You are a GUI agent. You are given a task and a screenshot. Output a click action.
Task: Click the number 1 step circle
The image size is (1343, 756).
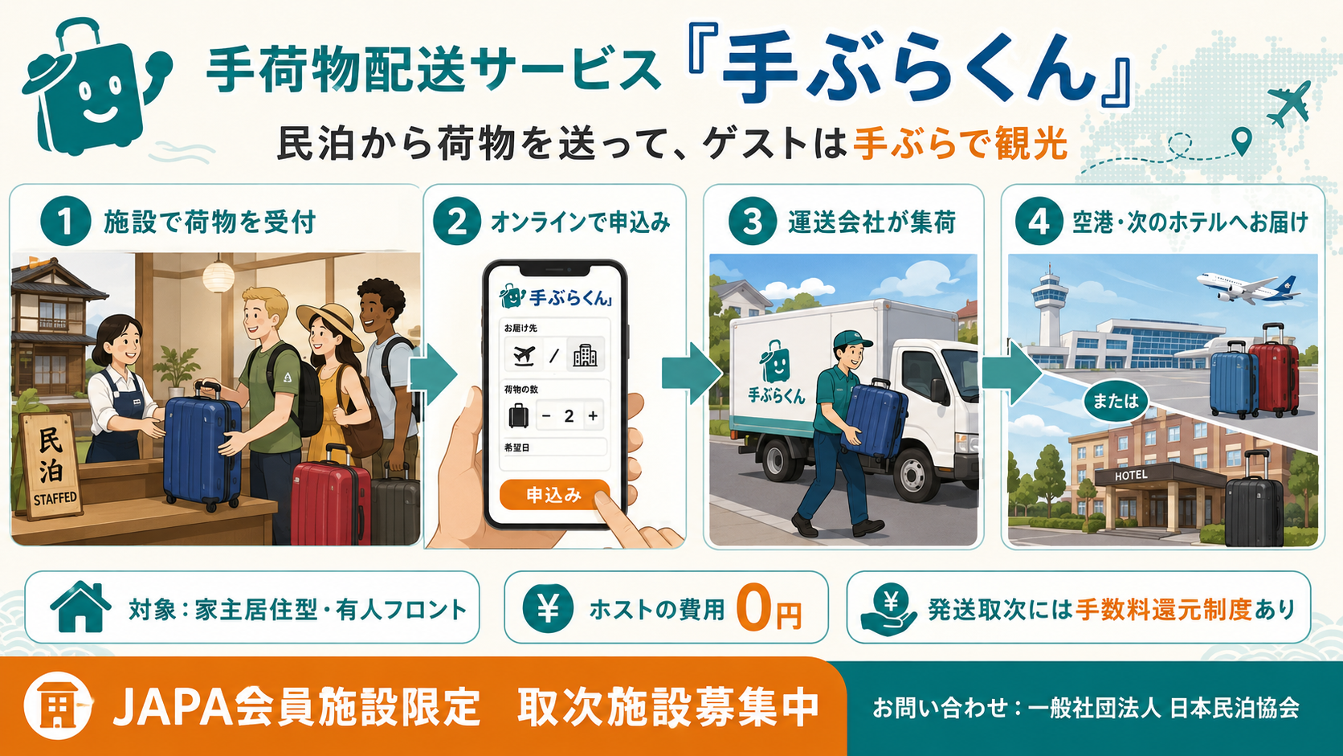pos(65,221)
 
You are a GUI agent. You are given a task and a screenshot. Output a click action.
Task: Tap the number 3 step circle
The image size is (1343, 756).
pos(753,221)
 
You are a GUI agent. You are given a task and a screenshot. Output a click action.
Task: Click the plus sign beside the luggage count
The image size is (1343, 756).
pos(592,416)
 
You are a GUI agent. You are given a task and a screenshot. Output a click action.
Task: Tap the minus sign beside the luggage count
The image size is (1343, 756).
pos(546,416)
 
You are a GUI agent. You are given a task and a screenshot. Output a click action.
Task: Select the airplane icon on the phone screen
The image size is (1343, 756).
pos(525,356)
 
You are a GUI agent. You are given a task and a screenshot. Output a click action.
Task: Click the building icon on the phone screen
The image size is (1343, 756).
pos(585,356)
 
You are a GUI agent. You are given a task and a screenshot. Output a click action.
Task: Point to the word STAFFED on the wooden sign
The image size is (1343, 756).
pos(55,497)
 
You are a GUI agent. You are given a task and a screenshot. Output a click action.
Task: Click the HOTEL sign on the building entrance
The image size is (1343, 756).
pos(1131,476)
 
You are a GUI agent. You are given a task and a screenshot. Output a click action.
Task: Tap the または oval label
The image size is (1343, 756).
pos(1115,401)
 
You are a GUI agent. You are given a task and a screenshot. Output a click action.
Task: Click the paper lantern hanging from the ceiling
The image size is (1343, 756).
pos(218,276)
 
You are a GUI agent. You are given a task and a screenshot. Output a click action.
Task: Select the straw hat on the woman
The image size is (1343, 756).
pos(330,324)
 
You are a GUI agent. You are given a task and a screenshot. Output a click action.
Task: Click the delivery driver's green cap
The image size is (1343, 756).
pos(851,341)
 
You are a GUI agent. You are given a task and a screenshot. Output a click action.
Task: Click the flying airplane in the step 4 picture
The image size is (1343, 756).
pos(1247,288)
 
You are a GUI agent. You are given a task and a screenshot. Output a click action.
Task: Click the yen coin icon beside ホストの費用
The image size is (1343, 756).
pos(548,608)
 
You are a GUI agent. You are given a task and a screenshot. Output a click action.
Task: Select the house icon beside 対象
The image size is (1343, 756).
pos(80,606)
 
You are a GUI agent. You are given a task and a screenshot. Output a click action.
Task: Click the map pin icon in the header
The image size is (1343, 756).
pos(1242,141)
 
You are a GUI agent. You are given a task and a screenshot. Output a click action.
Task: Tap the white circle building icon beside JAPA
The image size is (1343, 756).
pos(58,705)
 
